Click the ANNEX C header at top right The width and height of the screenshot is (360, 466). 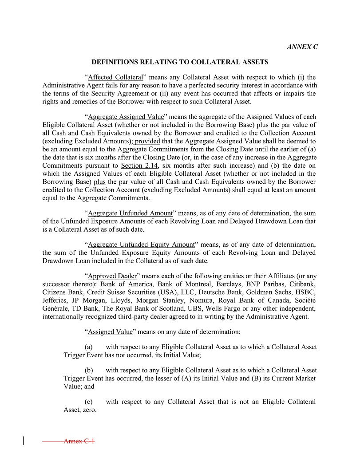coord(302,47)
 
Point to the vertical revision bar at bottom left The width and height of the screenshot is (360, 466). coord(23,441)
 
